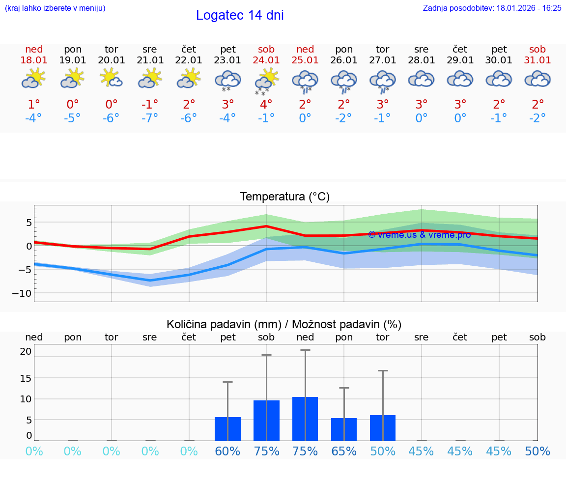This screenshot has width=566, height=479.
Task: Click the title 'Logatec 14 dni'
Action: click(240, 15)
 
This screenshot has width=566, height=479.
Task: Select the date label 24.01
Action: click(266, 60)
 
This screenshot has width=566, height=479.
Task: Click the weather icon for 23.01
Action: click(227, 81)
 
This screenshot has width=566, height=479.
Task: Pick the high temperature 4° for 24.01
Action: click(266, 105)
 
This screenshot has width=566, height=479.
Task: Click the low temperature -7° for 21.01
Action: click(150, 118)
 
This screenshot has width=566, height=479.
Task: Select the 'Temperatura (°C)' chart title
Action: click(284, 197)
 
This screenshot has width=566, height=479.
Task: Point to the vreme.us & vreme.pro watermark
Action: click(419, 235)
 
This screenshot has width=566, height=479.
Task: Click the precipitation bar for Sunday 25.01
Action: click(305, 419)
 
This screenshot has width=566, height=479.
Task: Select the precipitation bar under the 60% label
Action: click(227, 429)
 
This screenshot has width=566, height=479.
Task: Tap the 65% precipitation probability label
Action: click(344, 451)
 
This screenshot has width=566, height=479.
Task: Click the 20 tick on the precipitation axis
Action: click(26, 351)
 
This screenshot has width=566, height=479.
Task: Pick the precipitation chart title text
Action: click(284, 324)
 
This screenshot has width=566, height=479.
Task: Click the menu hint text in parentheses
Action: click(55, 8)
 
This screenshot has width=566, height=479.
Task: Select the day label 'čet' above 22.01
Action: click(189, 49)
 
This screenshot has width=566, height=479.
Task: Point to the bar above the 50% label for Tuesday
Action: click(383, 428)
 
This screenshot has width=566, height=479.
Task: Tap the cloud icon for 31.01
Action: click(538, 79)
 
